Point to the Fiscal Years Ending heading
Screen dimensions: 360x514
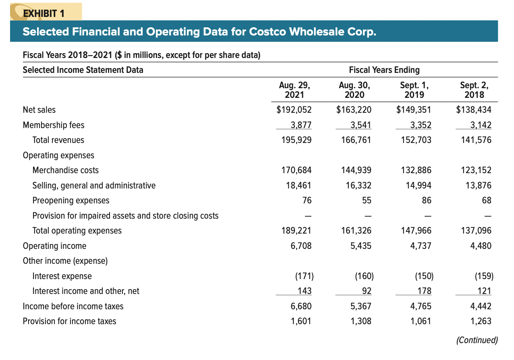(384, 70)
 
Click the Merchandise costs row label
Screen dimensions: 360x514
(65, 170)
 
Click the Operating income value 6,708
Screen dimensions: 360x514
(301, 246)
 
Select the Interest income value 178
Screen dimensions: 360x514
(424, 291)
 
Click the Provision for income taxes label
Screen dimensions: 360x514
(69, 321)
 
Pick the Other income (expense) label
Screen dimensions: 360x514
(65, 261)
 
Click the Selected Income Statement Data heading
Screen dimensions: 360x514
(83, 70)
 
